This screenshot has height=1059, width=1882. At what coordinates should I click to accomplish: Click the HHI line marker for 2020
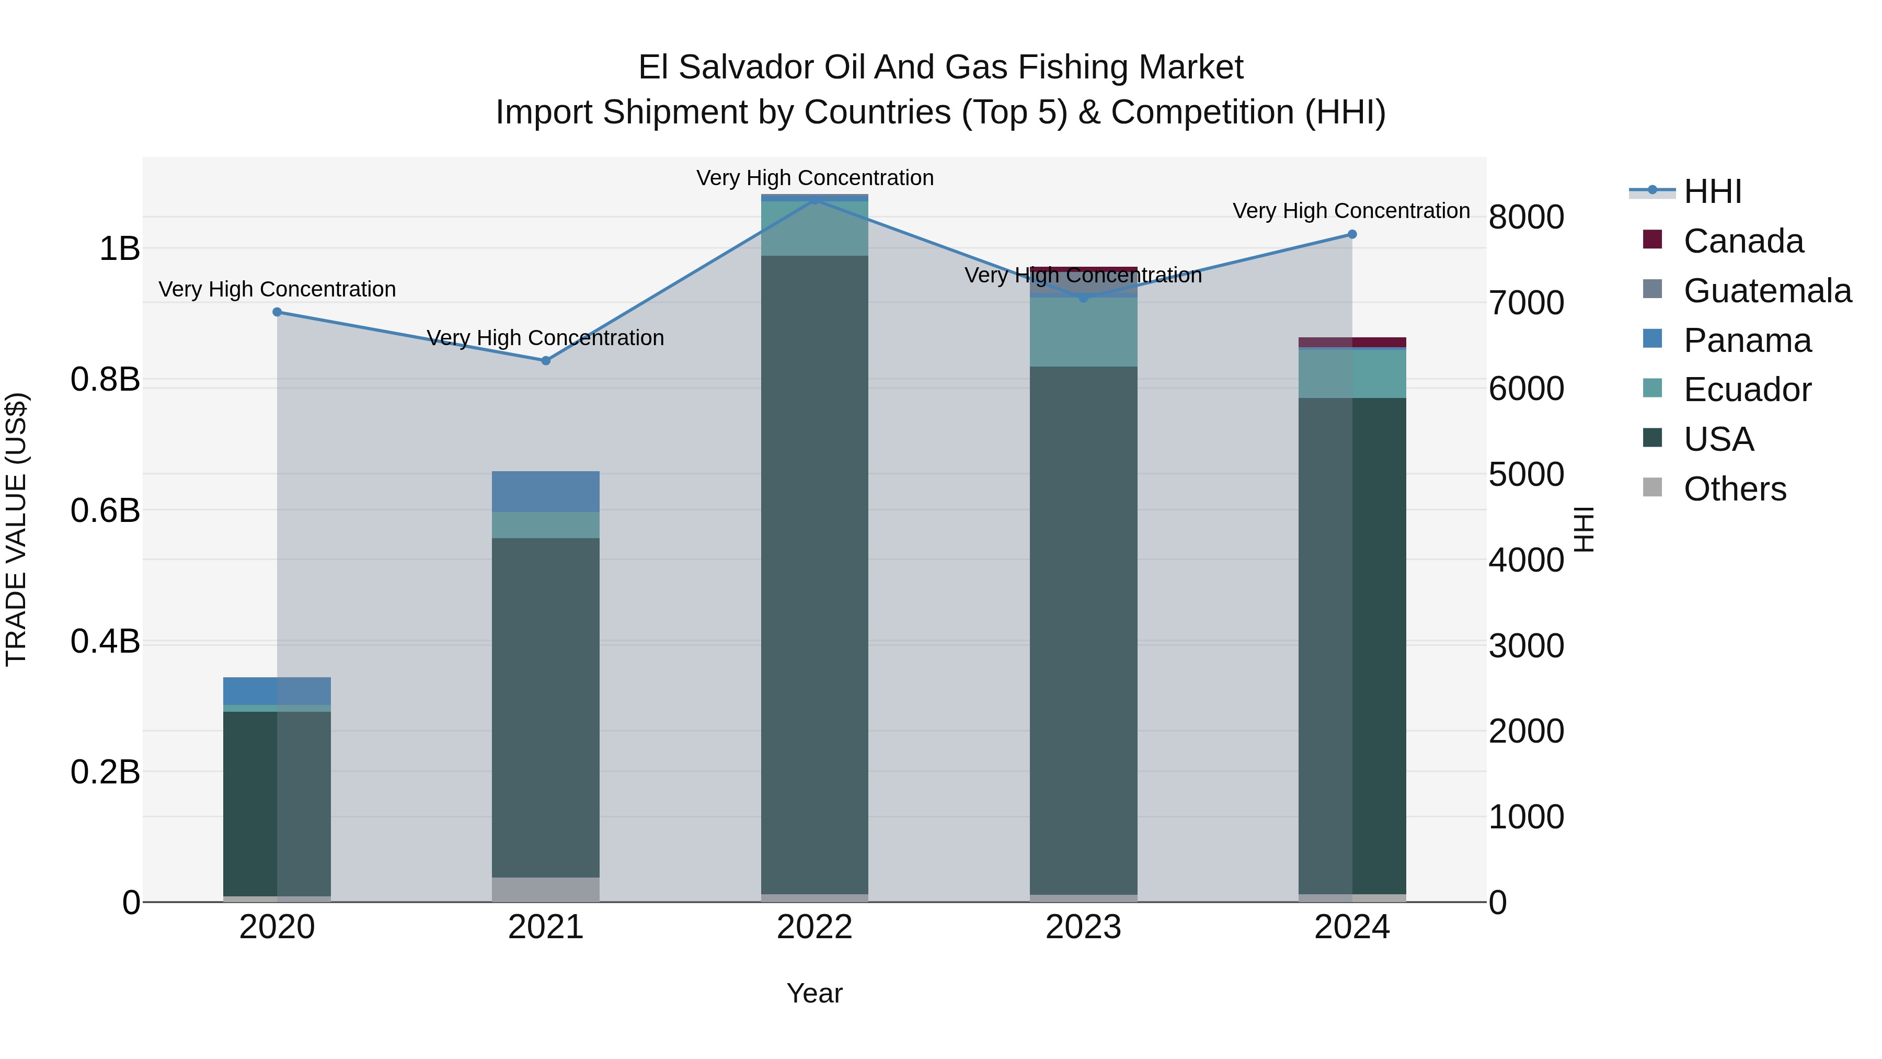click(277, 312)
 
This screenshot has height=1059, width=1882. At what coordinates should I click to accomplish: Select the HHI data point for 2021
click(546, 360)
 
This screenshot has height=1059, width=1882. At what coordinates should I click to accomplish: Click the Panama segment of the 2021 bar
click(546, 491)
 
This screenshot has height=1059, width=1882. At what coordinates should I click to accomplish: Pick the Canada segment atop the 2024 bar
click(1352, 342)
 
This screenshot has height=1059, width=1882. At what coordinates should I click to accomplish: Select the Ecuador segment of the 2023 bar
click(1084, 332)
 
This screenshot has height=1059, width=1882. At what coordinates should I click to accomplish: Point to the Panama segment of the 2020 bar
click(277, 691)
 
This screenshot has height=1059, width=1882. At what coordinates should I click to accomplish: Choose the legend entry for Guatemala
click(1766, 291)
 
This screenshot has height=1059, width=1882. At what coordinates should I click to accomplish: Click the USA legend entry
click(1718, 439)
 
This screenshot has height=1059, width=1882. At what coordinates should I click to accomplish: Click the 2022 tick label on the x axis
click(814, 927)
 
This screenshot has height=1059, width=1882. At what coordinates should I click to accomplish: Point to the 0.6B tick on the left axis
click(105, 510)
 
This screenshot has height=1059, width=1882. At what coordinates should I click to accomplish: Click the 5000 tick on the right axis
click(1526, 474)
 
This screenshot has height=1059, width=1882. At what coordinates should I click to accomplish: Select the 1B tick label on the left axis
click(119, 248)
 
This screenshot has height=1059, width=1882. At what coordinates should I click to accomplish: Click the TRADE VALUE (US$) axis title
click(16, 529)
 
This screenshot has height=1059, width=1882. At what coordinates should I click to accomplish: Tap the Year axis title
click(814, 993)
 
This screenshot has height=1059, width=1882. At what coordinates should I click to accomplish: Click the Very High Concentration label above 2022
click(814, 178)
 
